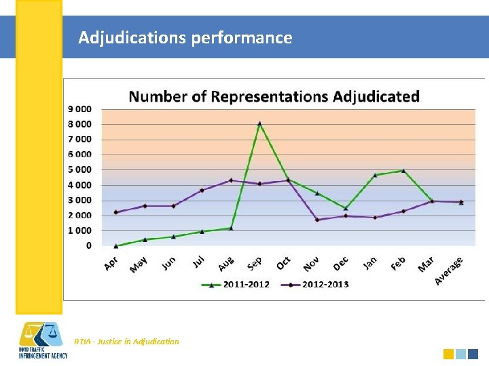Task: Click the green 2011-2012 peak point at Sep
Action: click(x=259, y=123)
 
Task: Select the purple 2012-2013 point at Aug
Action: click(x=231, y=180)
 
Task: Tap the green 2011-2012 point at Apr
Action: click(x=116, y=245)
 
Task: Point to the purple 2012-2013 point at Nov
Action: click(x=317, y=220)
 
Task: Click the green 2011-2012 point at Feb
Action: click(x=403, y=171)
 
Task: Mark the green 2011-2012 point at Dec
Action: click(x=346, y=208)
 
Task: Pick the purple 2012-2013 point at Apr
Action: click(x=116, y=212)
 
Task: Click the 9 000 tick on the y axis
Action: click(x=80, y=108)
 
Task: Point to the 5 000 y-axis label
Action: click(x=80, y=169)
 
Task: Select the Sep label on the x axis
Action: click(x=254, y=263)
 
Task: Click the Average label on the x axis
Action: click(x=449, y=270)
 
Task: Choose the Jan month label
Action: click(x=369, y=263)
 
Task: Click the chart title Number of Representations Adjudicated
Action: click(x=274, y=96)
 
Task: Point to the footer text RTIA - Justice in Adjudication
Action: click(x=126, y=342)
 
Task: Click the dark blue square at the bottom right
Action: click(x=473, y=354)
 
